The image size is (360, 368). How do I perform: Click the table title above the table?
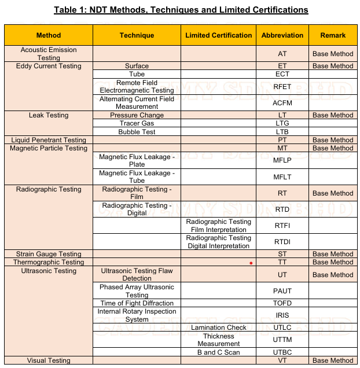click(x=181, y=10)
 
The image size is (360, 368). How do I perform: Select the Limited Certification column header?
click(x=218, y=35)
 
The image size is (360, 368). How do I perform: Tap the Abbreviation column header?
click(x=282, y=35)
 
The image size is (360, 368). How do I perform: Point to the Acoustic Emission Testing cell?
click(x=49, y=54)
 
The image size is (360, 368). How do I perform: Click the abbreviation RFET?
click(x=282, y=87)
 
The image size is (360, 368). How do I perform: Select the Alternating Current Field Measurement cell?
click(x=137, y=103)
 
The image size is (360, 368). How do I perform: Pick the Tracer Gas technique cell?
click(x=137, y=124)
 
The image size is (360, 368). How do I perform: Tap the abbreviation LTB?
click(x=282, y=132)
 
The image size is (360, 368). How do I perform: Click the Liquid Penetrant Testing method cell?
click(x=49, y=140)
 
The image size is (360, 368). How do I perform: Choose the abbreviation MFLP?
click(x=282, y=161)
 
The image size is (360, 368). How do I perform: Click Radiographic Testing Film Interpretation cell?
click(x=218, y=226)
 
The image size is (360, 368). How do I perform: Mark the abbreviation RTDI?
click(x=282, y=242)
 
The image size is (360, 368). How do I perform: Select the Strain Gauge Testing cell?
click(x=49, y=254)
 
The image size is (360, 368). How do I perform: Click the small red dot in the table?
click(x=251, y=263)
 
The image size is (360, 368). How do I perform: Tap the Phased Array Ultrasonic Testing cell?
click(x=137, y=291)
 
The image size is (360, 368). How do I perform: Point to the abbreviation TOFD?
click(x=282, y=303)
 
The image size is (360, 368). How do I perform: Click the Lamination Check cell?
click(x=218, y=327)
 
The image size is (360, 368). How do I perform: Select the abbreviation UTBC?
click(x=282, y=352)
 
